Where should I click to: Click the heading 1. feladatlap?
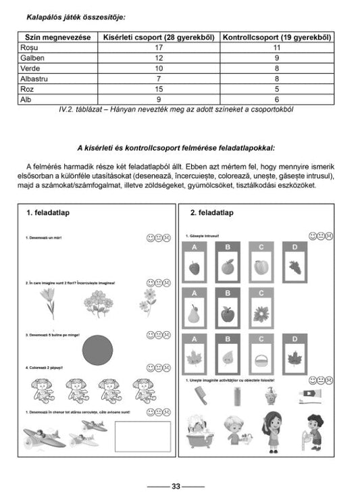49,213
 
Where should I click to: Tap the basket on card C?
261,360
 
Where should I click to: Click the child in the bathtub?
201,430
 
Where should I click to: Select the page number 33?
176,486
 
